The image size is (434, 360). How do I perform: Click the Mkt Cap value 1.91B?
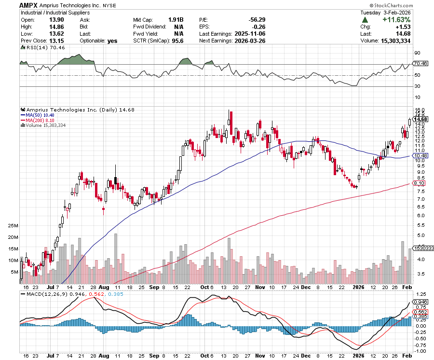[175, 20]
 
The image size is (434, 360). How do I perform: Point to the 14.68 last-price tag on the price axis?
[421, 119]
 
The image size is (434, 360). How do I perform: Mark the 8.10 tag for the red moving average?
[419, 183]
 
